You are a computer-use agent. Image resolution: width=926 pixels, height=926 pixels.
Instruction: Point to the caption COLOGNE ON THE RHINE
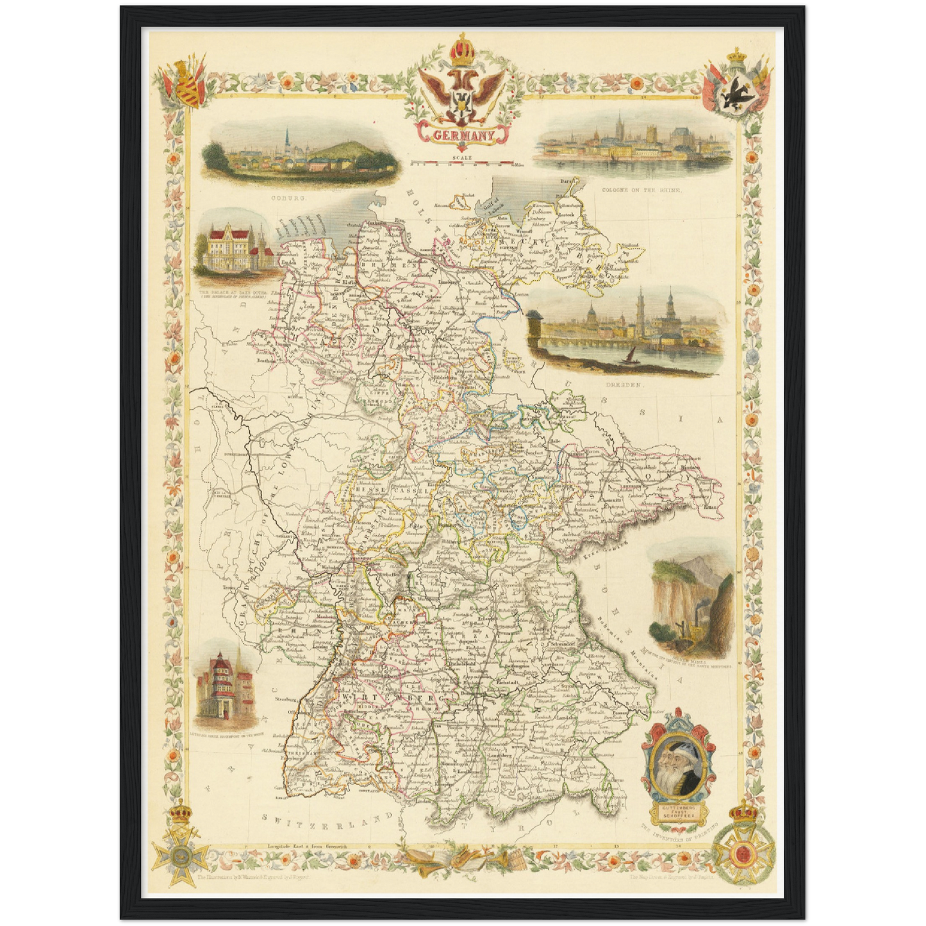641,190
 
